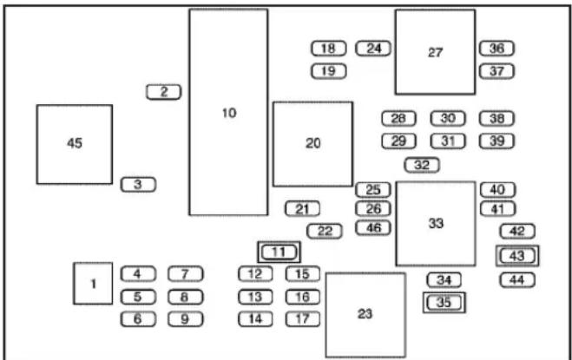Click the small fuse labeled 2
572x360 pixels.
click(163, 92)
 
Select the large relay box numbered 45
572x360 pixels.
click(75, 145)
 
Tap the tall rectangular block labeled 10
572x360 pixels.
click(229, 113)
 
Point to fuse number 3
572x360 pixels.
click(138, 185)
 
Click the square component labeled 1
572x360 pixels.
click(93, 284)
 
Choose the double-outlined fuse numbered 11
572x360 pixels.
click(279, 252)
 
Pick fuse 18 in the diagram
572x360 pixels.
click(328, 49)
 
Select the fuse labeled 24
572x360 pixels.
click(373, 49)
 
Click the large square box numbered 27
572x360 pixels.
click(435, 52)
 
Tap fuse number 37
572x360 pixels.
click(496, 71)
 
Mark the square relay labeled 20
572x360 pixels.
click(313, 144)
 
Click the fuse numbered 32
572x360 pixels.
click(422, 165)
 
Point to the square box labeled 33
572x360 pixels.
click(436, 223)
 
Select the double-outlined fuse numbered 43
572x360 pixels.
click(517, 256)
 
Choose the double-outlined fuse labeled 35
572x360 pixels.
click(444, 303)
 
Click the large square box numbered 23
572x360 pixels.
click(365, 314)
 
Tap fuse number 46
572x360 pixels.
click(373, 228)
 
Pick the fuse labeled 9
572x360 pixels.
click(186, 319)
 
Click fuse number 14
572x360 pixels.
click(255, 319)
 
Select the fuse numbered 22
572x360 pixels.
click(325, 232)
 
